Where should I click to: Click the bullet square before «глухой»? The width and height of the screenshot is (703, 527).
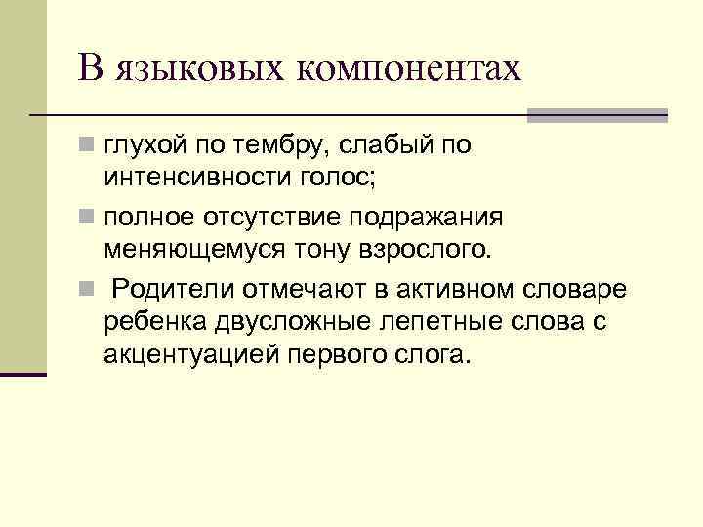89,147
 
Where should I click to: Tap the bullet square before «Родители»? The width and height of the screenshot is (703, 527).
89,290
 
